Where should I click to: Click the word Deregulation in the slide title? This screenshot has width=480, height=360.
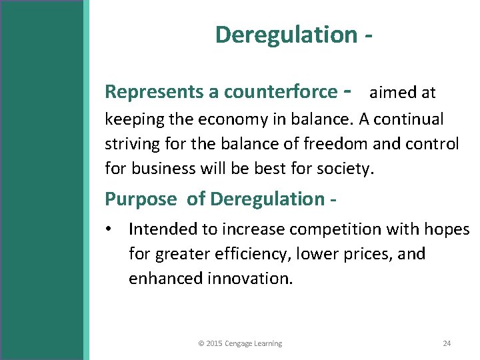tap(286, 35)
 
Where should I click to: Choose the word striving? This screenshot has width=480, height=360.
tap(129, 144)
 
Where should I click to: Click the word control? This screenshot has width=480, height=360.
tap(433, 144)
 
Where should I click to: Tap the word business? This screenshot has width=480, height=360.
tap(161, 169)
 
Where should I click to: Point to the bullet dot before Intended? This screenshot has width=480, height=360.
tap(109, 230)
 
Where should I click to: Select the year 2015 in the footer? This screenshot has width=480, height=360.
tap(214, 343)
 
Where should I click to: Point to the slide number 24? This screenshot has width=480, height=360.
tap(447, 343)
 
